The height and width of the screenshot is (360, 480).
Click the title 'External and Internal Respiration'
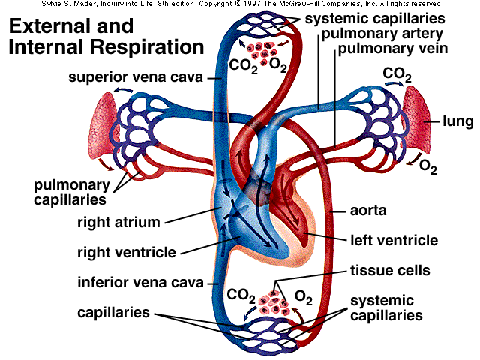pos(105,37)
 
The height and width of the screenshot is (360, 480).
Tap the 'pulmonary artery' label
pos(384,34)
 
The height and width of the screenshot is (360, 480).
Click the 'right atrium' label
pos(119,222)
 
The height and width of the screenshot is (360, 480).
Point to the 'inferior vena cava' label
pos(140,283)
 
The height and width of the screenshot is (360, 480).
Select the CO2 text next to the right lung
pos(396,73)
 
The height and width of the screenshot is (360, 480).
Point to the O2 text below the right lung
pos(427,166)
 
